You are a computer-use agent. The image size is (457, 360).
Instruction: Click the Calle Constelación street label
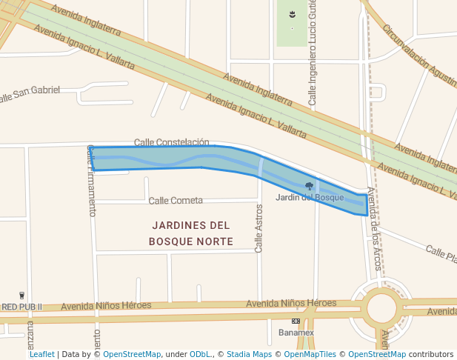pos(171,141)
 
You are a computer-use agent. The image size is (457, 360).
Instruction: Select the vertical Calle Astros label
pos(258,228)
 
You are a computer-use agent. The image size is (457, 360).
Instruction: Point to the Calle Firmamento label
pos(92,180)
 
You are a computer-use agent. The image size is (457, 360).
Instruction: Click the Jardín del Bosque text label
pos(310,198)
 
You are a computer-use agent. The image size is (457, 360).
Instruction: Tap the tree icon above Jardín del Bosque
pos(309,186)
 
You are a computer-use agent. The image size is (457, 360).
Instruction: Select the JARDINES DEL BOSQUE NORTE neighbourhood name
pos(190,233)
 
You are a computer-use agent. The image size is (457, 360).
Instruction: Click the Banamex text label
pos(296,333)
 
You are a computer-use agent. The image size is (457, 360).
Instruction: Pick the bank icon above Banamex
pos(296,321)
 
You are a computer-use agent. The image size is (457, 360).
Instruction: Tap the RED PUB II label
pos(21,307)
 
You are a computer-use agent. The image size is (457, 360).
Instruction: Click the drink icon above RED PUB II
pos(22,295)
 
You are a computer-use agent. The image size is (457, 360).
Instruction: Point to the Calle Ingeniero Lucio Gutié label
pos(313,52)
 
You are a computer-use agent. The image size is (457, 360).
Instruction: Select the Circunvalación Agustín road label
pos(418,55)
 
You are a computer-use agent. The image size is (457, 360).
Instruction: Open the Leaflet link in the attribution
pos(41,355)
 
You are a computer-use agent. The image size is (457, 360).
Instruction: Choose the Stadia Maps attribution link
pos(249,355)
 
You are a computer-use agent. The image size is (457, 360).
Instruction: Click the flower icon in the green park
pos(293,15)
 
